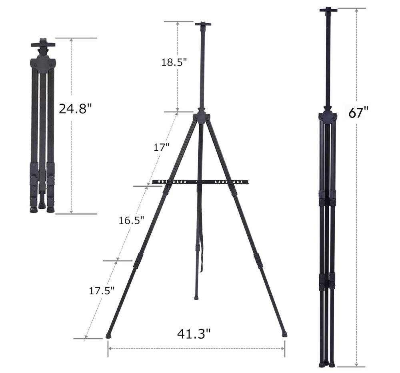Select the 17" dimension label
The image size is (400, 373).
point(162,147)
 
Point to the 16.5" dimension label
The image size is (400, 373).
point(131,220)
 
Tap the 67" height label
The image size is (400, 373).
point(358,113)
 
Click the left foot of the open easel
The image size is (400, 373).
point(108,336)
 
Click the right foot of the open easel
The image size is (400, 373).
point(284,334)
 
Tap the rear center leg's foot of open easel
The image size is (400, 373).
point(196,297)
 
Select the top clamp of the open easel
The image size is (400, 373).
point(203,24)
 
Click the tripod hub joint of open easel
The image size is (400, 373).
point(201,117)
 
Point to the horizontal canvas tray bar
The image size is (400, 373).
point(200,182)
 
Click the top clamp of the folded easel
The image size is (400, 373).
point(43,43)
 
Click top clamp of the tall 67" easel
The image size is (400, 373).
point(328,10)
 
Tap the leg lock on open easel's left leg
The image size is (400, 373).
point(139,260)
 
